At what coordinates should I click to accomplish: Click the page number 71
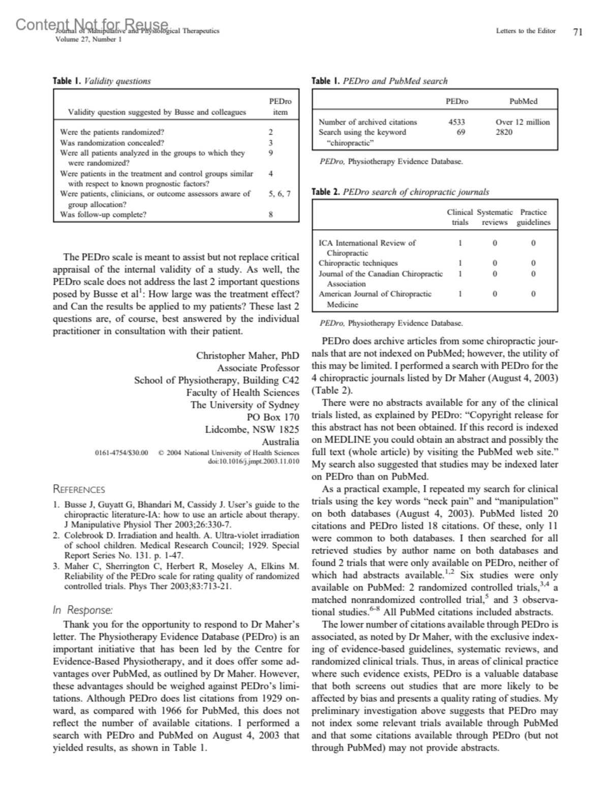(x=577, y=32)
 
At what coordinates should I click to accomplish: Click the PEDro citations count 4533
(x=456, y=122)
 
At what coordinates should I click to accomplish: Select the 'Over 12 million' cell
(x=523, y=122)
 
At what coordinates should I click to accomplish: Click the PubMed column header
(x=523, y=101)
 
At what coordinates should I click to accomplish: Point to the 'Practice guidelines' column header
(x=533, y=217)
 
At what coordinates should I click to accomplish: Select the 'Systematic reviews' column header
(x=495, y=217)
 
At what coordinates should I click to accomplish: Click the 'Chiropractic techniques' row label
(x=358, y=263)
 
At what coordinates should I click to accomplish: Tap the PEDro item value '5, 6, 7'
(x=280, y=194)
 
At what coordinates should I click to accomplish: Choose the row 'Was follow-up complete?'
(x=103, y=214)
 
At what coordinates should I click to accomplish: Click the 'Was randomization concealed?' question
(x=112, y=143)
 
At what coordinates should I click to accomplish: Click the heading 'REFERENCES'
(x=79, y=489)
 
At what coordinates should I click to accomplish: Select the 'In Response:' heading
(x=82, y=610)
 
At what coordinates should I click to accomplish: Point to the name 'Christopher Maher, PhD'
(x=248, y=356)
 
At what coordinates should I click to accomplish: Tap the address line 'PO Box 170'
(x=272, y=417)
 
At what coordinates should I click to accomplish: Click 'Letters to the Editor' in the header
(x=526, y=31)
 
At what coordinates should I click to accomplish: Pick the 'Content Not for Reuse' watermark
(x=92, y=24)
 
